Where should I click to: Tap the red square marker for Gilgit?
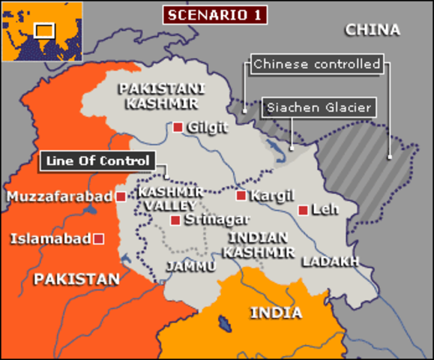coord(178,127)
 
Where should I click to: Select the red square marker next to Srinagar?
coord(175,220)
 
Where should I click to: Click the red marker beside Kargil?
coord(241,196)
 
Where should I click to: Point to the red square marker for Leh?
coord(302,210)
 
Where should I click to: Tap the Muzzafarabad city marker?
coord(121,196)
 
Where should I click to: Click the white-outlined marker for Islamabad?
coord(97,238)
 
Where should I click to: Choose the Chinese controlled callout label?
coord(316,64)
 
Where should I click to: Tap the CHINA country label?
coord(373,29)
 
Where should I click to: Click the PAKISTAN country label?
coord(77,279)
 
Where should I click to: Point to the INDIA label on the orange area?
coord(276,313)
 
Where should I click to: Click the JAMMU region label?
coord(191,266)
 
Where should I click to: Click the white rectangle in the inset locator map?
coord(44,30)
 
